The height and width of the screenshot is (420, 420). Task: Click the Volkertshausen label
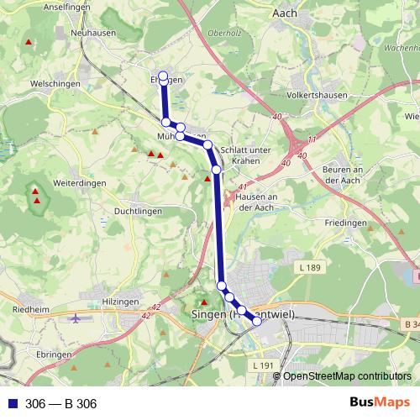[318, 95]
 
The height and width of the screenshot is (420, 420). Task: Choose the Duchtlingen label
[136, 211]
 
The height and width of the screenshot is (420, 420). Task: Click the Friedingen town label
[344, 223]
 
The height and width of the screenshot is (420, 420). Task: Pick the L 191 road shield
[263, 366]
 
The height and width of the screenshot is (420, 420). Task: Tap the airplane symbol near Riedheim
[76, 318]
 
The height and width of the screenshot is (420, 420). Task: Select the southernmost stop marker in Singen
[256, 320]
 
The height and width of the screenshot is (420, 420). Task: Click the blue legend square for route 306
[12, 403]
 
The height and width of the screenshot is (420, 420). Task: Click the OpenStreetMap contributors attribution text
[347, 375]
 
